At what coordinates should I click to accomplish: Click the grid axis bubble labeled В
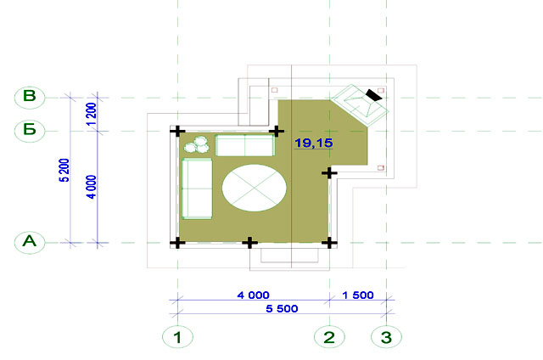pos(30,97)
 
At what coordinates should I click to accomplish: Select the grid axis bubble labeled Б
pos(30,130)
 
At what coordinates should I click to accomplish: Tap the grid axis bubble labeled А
pos(30,242)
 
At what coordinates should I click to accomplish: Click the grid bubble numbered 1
pos(177,337)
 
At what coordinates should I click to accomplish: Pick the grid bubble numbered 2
pos(329,337)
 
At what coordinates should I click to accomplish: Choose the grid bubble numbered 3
pos(387,337)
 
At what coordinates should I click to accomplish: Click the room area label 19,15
pos(313,143)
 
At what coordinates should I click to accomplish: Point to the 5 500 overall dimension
pos(282,308)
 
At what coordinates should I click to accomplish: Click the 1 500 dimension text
pos(358,295)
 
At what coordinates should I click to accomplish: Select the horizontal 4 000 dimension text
pos(253,295)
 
